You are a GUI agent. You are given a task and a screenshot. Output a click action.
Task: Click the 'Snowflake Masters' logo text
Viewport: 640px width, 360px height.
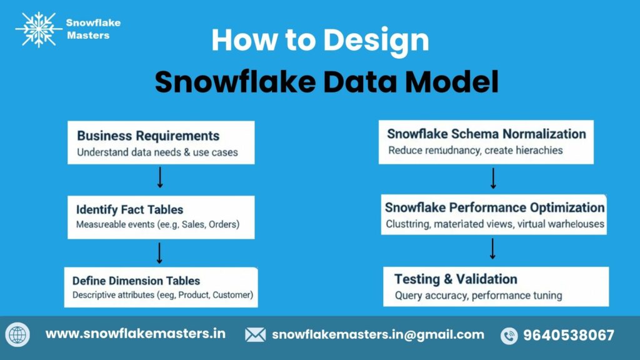[x=93, y=29]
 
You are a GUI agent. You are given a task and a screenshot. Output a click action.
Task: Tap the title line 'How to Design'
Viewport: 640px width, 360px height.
[x=320, y=41]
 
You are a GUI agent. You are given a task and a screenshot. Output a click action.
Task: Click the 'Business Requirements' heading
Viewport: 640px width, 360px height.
[x=148, y=136]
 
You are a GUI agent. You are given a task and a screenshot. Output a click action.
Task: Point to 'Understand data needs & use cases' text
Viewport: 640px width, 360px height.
[x=157, y=152]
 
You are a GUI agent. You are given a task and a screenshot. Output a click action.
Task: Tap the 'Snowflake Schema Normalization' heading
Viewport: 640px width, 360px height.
[x=486, y=134]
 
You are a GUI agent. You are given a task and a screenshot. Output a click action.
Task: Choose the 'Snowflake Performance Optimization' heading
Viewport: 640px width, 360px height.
[x=494, y=207]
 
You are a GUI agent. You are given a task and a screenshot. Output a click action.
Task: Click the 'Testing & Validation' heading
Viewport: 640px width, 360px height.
[x=456, y=279]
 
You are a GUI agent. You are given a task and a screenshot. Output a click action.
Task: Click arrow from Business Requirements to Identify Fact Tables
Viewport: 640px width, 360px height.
[x=160, y=177]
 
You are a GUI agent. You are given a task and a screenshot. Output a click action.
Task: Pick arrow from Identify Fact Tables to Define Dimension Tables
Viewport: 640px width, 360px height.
[x=160, y=252]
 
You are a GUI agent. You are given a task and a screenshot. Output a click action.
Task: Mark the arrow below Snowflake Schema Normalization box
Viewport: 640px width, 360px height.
[x=493, y=178]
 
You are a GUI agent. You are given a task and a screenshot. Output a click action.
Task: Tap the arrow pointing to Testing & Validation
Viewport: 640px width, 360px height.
[x=493, y=249]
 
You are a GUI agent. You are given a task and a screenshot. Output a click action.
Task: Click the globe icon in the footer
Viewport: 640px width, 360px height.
[x=17, y=335]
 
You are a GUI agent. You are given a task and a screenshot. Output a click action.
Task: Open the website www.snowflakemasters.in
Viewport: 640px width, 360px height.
[x=135, y=334]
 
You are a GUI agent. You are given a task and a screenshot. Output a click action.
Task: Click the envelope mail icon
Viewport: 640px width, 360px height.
[x=255, y=335]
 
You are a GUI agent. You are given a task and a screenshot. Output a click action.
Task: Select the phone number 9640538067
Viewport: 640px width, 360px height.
[x=569, y=335]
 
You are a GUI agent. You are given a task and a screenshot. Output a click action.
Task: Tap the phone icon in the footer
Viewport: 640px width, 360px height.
[x=509, y=336]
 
